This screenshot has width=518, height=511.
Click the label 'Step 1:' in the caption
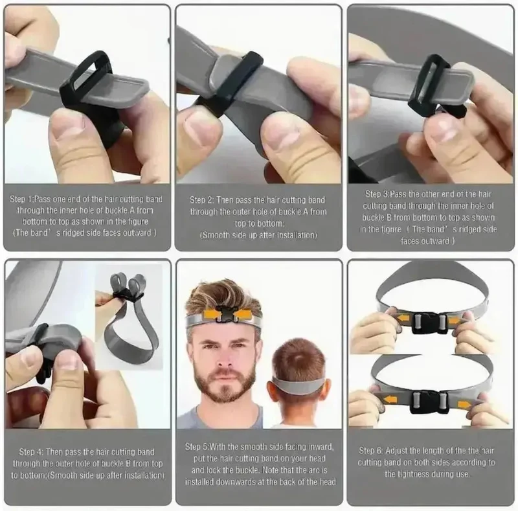(22, 199)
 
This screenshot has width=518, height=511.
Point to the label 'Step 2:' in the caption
(202, 200)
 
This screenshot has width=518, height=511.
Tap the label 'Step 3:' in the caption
(377, 194)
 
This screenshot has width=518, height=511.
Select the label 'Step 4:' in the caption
(31, 452)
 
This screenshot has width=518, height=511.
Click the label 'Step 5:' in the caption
(197, 447)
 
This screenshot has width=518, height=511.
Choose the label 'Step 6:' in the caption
(371, 451)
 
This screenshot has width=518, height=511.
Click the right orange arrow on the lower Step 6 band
(464, 405)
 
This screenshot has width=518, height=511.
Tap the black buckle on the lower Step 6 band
(429, 402)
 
